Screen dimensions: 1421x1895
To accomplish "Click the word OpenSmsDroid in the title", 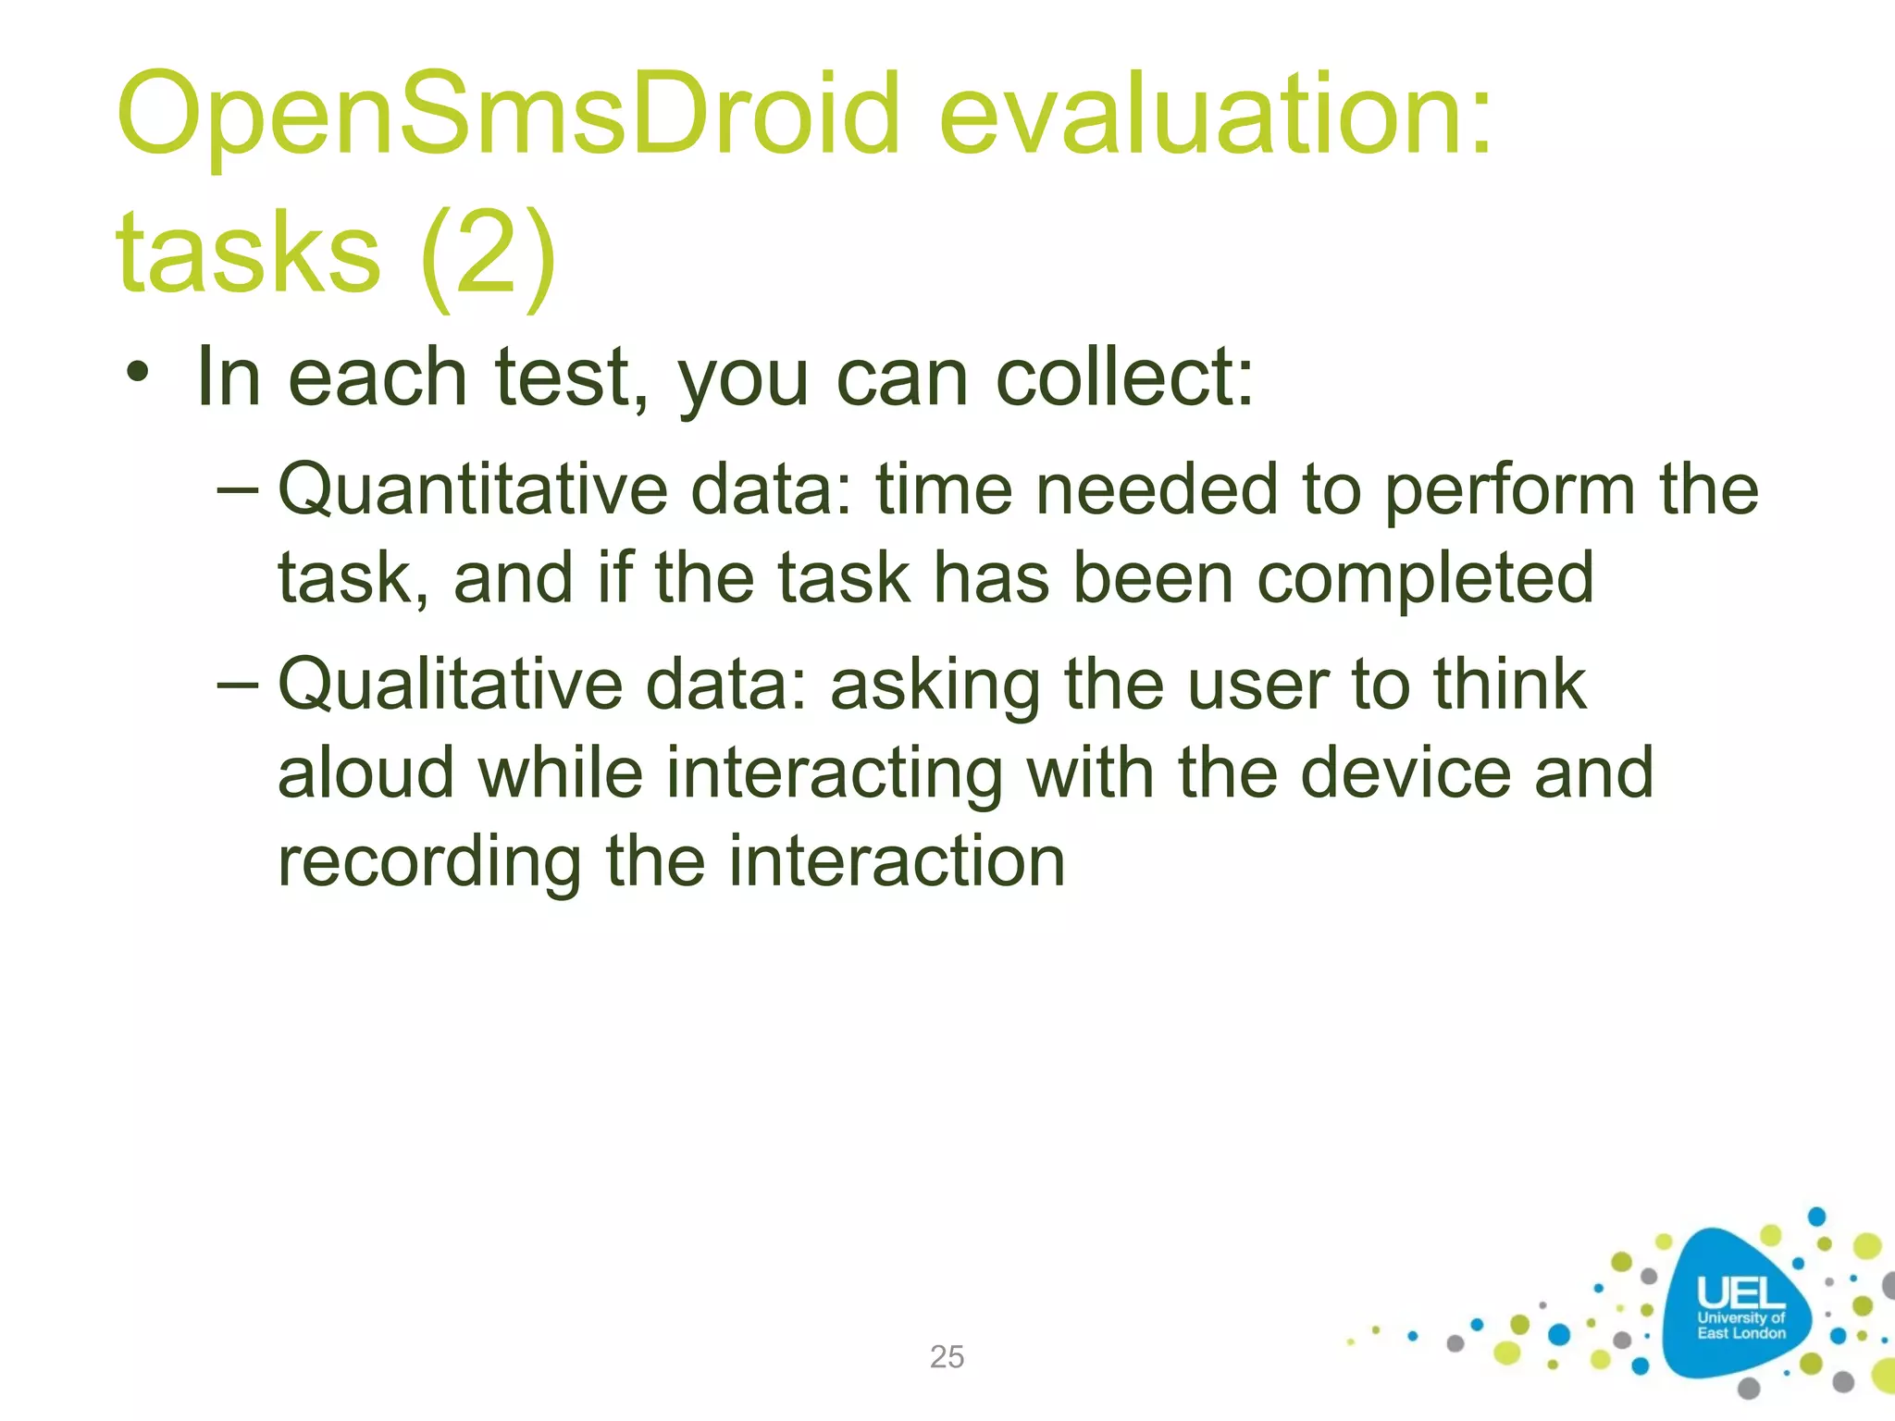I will [x=508, y=116].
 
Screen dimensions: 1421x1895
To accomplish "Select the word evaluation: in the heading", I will [x=1215, y=116].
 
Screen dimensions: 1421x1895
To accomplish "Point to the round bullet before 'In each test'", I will [x=138, y=375].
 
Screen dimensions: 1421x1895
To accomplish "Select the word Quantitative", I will [x=473, y=491].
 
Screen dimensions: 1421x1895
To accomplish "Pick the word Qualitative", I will [x=450, y=686].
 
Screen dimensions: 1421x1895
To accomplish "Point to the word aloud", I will [x=366, y=773].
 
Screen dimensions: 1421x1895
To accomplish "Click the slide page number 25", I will [x=947, y=1357].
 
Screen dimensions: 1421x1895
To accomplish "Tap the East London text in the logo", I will [x=1740, y=1333].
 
